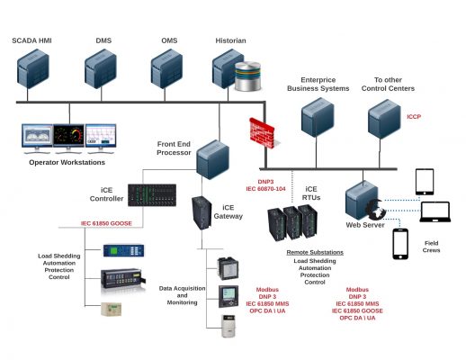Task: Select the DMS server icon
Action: tap(101, 70)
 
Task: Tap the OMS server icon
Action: tap(166, 70)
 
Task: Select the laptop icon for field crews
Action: tap(436, 213)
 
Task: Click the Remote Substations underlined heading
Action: tap(313, 253)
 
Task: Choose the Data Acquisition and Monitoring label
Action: tap(179, 298)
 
